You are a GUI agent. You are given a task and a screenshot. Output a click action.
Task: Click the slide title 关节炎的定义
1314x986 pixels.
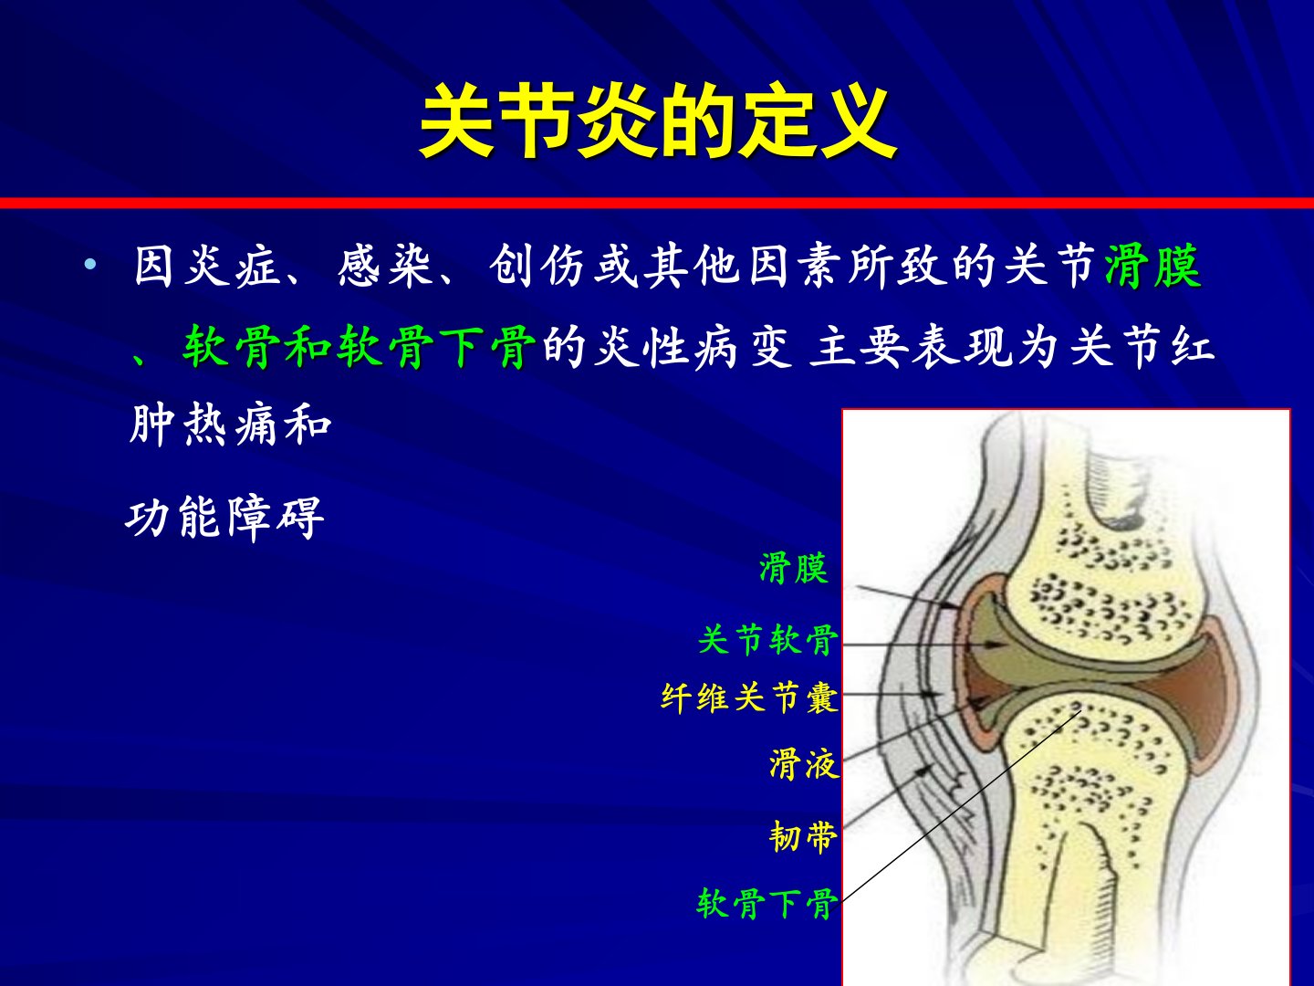tap(658, 122)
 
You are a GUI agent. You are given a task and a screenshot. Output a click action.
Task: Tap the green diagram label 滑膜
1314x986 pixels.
tap(794, 568)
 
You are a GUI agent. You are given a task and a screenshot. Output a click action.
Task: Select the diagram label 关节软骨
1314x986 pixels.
tap(768, 639)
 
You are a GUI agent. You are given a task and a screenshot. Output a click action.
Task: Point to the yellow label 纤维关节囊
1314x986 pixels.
tap(749, 698)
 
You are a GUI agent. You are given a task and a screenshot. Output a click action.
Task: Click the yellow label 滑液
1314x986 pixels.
tap(804, 764)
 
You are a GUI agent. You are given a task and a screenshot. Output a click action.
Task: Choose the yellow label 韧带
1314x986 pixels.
tap(803, 836)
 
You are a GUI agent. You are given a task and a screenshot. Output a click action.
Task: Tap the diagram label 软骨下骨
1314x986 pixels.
tap(766, 904)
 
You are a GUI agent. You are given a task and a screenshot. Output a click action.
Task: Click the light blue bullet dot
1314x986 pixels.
tap(90, 264)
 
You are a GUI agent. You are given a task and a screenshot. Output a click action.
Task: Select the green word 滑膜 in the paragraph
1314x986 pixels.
tap(1152, 266)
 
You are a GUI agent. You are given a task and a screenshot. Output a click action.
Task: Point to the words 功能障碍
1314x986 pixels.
tap(225, 518)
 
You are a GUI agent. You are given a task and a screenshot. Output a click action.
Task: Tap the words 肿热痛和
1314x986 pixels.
tap(231, 424)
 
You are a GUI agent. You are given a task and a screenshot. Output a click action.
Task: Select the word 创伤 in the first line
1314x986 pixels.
tap(537, 266)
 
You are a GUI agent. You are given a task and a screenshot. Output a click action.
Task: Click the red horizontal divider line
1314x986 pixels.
tap(657, 203)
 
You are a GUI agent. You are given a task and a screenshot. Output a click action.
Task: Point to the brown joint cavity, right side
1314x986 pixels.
tap(1197, 700)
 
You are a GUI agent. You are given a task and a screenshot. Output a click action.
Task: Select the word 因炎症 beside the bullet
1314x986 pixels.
tap(206, 266)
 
